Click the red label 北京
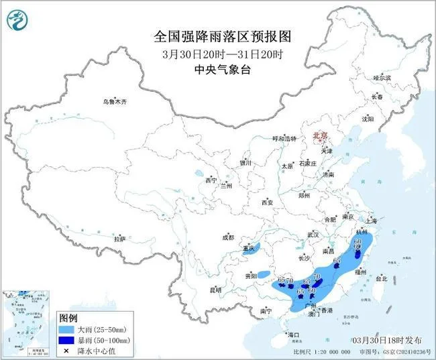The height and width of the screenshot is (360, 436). point(319,135)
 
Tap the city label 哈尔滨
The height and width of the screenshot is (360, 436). point(382,78)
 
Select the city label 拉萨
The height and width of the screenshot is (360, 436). point(119,239)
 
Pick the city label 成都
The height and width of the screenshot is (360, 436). point(228,237)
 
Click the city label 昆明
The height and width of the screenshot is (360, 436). point(215,290)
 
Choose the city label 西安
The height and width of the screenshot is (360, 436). point(268,202)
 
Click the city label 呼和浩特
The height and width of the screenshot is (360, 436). point(283,138)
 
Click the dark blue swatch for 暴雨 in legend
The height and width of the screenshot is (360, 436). point(67,341)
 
